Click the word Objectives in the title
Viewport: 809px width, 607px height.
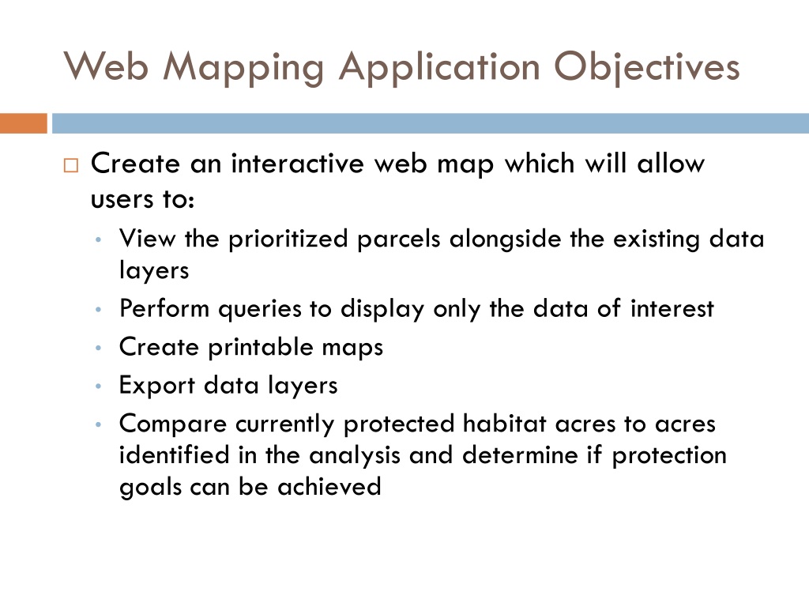tap(648, 66)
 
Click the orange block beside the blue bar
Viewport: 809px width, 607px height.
tap(24, 123)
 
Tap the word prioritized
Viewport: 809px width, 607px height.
tap(289, 239)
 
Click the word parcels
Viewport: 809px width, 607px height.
tap(399, 239)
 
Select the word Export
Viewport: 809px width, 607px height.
tap(157, 386)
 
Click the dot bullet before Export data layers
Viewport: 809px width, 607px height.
tap(96, 386)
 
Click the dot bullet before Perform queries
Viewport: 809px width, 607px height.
tap(96, 310)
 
